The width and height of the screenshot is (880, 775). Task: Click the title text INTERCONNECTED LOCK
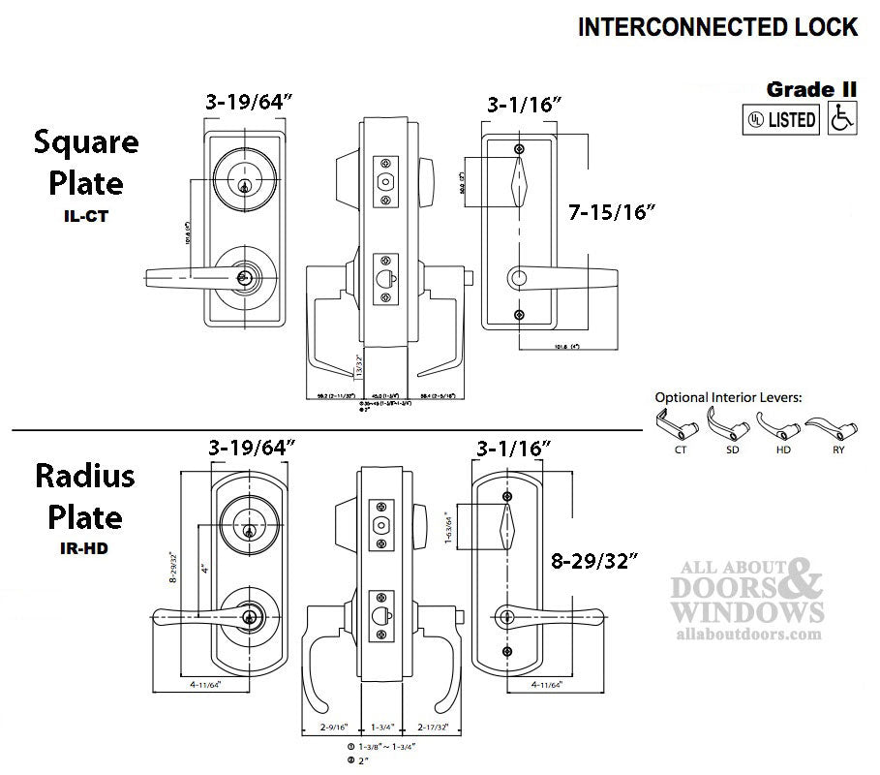717,27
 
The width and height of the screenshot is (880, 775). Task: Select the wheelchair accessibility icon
842,119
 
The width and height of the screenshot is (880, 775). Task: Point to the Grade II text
811,89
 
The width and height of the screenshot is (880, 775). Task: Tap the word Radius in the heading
85,478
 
